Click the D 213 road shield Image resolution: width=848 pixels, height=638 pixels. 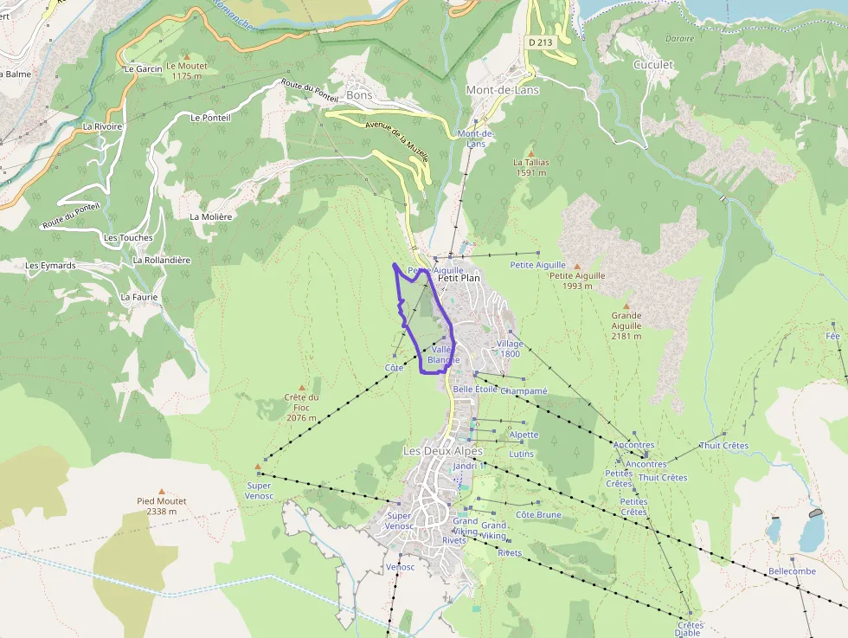click(539, 41)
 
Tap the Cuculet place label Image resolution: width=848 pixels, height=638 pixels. click(653, 65)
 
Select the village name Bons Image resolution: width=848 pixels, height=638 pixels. click(359, 94)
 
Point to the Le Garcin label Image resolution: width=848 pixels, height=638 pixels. click(143, 68)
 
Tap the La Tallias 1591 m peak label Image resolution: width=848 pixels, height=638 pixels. click(530, 167)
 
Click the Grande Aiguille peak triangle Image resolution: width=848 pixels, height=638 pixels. click(626, 306)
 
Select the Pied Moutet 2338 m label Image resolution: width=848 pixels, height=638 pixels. click(162, 506)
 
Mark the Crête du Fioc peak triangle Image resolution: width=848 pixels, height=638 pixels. click(302, 388)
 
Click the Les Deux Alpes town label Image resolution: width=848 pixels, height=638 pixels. click(443, 451)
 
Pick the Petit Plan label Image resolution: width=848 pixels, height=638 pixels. click(459, 278)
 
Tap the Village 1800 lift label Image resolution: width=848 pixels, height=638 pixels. click(510, 348)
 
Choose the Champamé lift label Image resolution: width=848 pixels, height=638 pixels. click(524, 390)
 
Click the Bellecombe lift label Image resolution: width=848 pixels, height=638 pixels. click(792, 571)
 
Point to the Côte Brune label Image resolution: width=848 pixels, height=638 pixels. click(538, 515)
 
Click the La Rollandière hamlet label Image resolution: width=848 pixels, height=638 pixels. click(162, 260)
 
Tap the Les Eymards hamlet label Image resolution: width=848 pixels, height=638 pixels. click(50, 265)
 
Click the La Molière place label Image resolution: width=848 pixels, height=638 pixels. click(211, 216)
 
